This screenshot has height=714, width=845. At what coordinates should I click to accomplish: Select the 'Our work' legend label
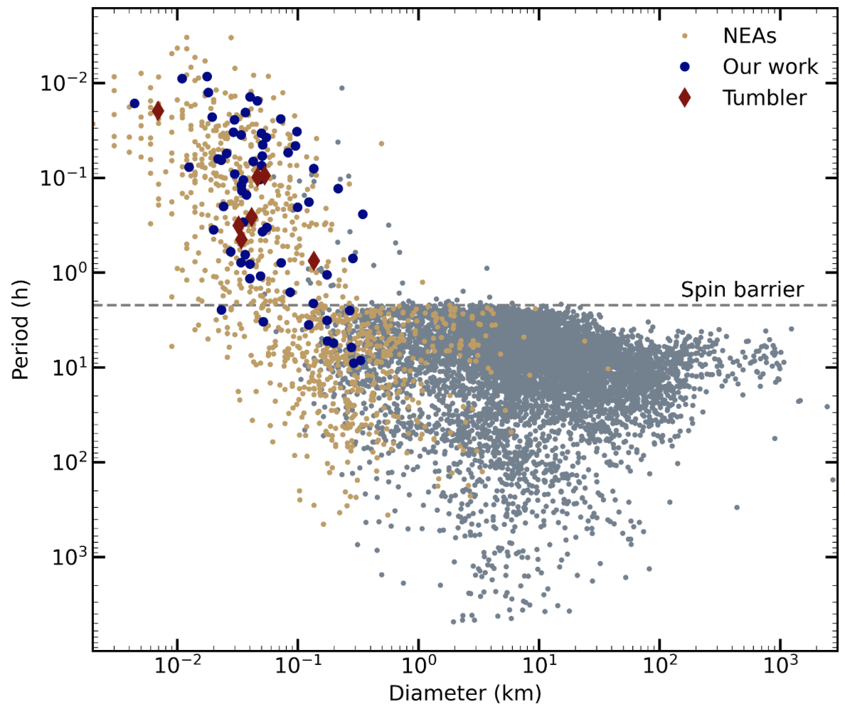pos(770,66)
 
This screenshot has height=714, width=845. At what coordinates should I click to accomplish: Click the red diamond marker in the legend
pos(684,97)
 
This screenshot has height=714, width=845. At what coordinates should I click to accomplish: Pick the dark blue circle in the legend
pos(684,66)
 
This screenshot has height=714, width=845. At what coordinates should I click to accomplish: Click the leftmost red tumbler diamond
pos(158,110)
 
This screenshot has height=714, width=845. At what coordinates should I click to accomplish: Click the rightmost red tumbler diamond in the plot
pos(314,261)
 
